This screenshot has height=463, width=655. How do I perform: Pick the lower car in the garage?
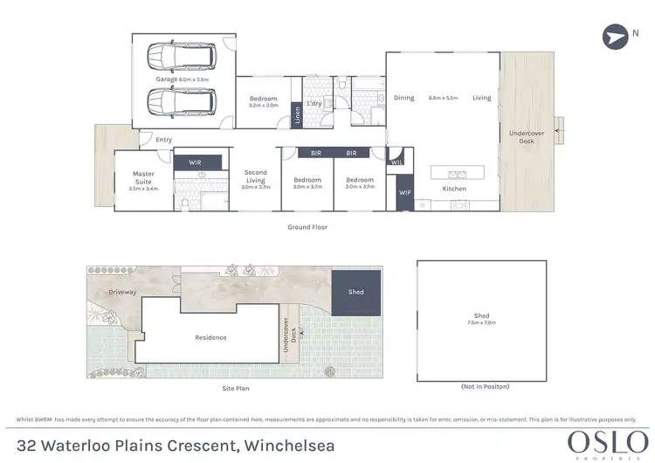click(x=183, y=102)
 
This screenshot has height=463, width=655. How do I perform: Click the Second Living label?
click(x=255, y=179)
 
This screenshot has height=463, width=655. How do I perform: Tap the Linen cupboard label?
click(x=297, y=115)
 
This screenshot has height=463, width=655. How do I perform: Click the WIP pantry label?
click(x=404, y=192)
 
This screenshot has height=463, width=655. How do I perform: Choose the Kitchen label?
click(x=454, y=189)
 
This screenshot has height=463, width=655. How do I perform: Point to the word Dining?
click(x=403, y=98)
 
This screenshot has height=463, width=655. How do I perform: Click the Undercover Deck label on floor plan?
click(x=526, y=136)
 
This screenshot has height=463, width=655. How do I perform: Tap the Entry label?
click(x=163, y=140)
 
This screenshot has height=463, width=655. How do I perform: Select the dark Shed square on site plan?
click(x=356, y=293)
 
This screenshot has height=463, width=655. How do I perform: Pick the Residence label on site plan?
click(x=210, y=337)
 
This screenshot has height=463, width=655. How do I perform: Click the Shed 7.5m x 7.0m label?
click(x=482, y=320)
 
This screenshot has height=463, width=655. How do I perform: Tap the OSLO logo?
click(x=599, y=438)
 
